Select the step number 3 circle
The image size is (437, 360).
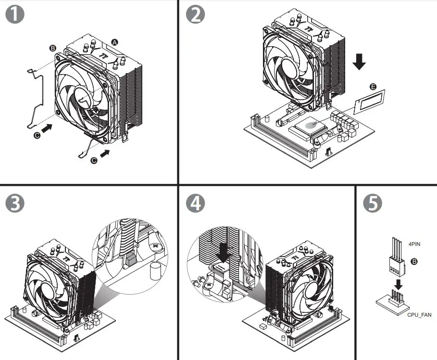point(15,203)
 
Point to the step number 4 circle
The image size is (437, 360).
point(195,203)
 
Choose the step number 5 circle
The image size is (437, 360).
point(373,203)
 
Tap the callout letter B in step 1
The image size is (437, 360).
point(53,48)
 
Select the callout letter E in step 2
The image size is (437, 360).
point(373,87)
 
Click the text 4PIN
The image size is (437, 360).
point(414,244)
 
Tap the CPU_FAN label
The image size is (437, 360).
point(420,314)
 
